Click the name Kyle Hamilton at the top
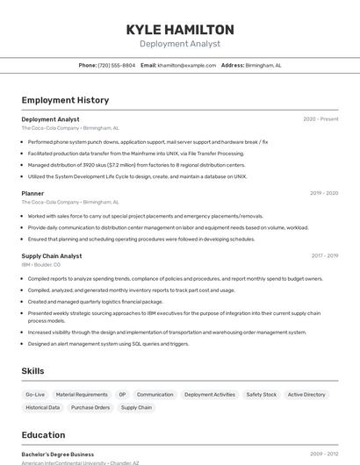(x=180, y=29)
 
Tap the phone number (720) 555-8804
(x=117, y=65)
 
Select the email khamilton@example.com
(x=186, y=65)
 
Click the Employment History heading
(x=65, y=100)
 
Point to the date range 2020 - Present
(x=320, y=119)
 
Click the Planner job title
(x=32, y=193)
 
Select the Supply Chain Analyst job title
(x=52, y=256)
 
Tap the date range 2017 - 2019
(x=324, y=256)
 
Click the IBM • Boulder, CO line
(x=41, y=264)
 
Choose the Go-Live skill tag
(x=35, y=395)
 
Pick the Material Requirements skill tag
(x=82, y=395)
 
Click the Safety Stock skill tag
(x=261, y=395)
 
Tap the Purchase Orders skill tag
(x=90, y=407)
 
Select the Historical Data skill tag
(x=43, y=407)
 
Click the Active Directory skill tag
(x=306, y=395)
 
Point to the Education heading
(x=43, y=435)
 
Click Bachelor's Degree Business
(x=58, y=454)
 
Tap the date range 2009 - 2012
(x=324, y=454)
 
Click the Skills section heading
(x=32, y=371)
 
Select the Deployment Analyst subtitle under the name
(x=180, y=44)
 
